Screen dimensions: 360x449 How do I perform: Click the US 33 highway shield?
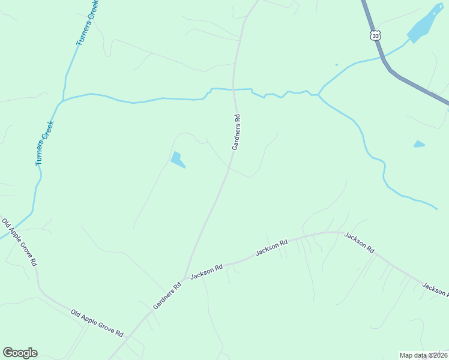[x=375, y=35]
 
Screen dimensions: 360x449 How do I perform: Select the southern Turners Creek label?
[x=45, y=143]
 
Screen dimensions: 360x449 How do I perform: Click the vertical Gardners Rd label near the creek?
[x=237, y=131]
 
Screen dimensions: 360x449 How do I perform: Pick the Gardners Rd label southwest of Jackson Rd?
[x=167, y=296]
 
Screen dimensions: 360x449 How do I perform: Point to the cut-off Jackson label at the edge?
[x=435, y=289]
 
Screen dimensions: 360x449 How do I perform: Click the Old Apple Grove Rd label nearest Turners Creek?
[x=20, y=242]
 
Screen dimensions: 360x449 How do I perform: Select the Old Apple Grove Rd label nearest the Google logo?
[x=97, y=322]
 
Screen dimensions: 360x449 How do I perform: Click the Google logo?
[x=20, y=353]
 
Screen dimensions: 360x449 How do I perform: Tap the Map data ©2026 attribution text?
[x=424, y=355]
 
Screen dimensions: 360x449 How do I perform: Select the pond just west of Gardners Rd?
[x=177, y=160]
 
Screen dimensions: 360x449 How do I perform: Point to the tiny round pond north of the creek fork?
[x=336, y=64]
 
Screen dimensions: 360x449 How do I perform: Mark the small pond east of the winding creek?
[x=419, y=144]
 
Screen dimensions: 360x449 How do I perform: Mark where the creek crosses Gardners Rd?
[x=234, y=89]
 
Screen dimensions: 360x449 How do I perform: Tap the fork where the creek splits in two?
[x=319, y=94]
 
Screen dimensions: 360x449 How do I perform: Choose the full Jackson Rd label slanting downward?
[x=359, y=242]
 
